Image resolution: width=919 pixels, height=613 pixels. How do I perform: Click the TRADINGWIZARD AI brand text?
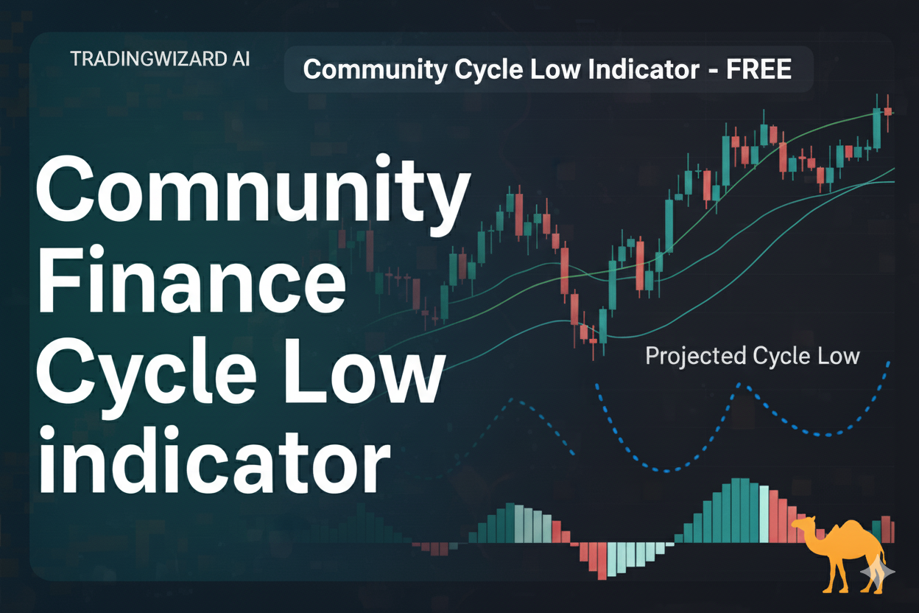[x=160, y=59]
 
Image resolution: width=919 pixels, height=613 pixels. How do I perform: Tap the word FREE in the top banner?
[x=758, y=69]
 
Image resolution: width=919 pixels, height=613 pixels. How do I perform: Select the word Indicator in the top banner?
[x=644, y=69]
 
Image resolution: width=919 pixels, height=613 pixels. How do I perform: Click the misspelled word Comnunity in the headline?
[x=253, y=194]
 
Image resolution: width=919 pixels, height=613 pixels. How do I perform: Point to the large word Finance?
[x=191, y=280]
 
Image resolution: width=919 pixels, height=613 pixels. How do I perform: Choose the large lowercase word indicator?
[x=214, y=459]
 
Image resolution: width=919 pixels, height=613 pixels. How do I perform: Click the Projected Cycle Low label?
[x=753, y=356]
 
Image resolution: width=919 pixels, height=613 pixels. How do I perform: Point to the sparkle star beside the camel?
[x=878, y=572]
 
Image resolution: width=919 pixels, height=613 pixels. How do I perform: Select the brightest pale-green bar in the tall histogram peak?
[x=764, y=514]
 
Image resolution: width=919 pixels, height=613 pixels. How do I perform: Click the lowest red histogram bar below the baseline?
[x=602, y=561]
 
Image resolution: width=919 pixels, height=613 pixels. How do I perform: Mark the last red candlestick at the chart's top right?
[x=888, y=112]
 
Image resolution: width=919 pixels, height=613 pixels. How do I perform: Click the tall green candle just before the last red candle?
[x=877, y=128]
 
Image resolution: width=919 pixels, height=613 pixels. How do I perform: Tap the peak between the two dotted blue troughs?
[x=739, y=385]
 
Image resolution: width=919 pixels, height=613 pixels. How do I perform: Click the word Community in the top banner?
[x=375, y=70]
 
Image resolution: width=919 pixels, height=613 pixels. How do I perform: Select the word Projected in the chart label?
[x=695, y=356]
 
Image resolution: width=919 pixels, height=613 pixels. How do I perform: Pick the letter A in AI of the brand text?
[x=235, y=59]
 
